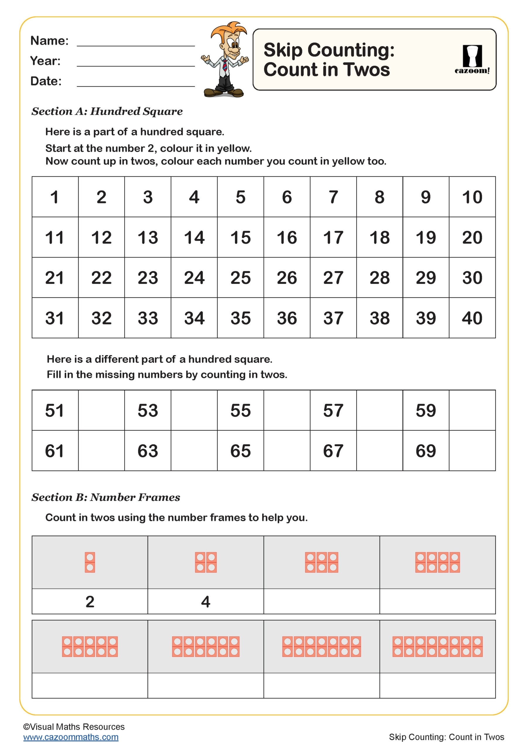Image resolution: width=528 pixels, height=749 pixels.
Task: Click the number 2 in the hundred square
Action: coord(101,197)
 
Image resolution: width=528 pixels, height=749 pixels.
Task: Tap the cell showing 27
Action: coord(333,278)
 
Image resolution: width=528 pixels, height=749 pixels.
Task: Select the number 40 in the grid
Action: coord(472,318)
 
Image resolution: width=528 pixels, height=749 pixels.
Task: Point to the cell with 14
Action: coord(194,238)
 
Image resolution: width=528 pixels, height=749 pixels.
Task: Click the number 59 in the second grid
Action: coord(426,410)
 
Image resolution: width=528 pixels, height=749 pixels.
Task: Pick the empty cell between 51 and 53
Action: coord(101,410)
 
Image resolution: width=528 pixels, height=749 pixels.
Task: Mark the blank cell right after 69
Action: coord(472,451)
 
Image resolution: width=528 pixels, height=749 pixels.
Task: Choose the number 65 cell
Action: coord(241,451)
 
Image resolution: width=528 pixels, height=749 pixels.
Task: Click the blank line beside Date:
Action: coord(136,83)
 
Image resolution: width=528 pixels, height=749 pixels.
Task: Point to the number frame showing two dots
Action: coord(90,562)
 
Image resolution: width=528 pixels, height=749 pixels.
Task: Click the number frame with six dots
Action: coord(321,562)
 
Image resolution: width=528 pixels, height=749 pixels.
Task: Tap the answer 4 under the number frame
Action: coord(205,602)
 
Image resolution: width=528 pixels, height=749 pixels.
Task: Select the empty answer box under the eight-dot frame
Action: coord(437,602)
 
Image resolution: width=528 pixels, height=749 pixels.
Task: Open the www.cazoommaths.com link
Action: coord(71,737)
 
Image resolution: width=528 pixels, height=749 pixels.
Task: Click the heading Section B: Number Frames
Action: coord(106,497)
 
